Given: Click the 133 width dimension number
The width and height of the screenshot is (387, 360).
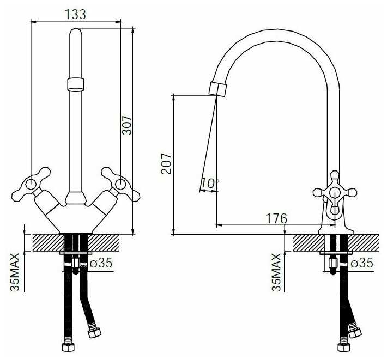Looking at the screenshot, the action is click(76, 14).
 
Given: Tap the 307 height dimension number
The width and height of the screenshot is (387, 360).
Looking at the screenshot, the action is click(128, 125).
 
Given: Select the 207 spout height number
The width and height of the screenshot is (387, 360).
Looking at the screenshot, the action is click(166, 164).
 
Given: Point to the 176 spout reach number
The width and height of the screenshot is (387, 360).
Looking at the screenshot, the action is click(276, 218).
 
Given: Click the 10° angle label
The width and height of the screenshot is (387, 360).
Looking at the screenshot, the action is click(210, 183).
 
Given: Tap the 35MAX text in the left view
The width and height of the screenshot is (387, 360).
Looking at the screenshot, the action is click(15, 272).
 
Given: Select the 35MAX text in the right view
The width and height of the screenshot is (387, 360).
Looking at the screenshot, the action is click(276, 272).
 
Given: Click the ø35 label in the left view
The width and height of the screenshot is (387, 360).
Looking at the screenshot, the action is click(101, 263).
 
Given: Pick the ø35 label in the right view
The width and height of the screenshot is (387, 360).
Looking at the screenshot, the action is click(362, 263).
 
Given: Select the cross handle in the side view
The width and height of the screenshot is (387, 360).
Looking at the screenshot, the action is click(335, 192).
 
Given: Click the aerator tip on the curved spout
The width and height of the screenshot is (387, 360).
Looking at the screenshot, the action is click(217, 89).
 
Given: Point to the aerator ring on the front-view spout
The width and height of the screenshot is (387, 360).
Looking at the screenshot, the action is click(76, 84).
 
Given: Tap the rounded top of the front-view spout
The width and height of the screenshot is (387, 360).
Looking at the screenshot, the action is click(76, 32).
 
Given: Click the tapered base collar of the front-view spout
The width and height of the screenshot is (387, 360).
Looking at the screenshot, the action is click(76, 198).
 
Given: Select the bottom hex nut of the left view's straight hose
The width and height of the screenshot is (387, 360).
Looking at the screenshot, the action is click(68, 346).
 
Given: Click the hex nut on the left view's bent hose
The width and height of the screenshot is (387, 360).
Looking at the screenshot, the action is click(94, 333).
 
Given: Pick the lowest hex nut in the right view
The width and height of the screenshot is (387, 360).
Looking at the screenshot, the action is click(344, 347).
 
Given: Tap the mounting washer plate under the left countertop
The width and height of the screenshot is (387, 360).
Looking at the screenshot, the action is click(76, 253).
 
